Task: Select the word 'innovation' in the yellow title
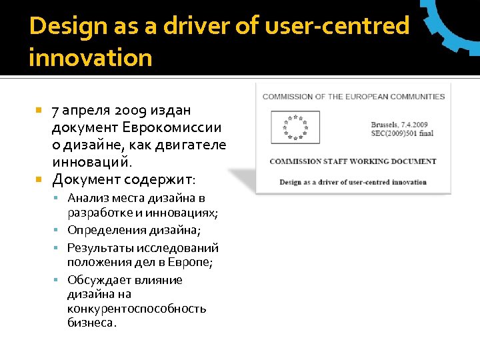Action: click(x=91, y=58)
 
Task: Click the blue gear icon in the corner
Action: click(x=457, y=23)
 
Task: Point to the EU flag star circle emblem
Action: click(x=293, y=127)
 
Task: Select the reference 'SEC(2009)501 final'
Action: click(x=402, y=133)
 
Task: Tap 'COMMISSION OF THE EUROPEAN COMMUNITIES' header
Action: click(x=353, y=97)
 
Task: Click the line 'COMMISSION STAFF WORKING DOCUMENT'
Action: click(x=353, y=161)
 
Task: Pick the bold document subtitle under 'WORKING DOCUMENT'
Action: click(x=353, y=182)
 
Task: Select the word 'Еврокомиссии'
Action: click(x=173, y=127)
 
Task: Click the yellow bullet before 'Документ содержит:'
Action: click(x=39, y=179)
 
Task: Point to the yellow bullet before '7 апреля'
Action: click(x=39, y=110)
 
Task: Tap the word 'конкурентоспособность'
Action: click(x=137, y=309)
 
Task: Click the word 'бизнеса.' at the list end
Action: click(x=92, y=323)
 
